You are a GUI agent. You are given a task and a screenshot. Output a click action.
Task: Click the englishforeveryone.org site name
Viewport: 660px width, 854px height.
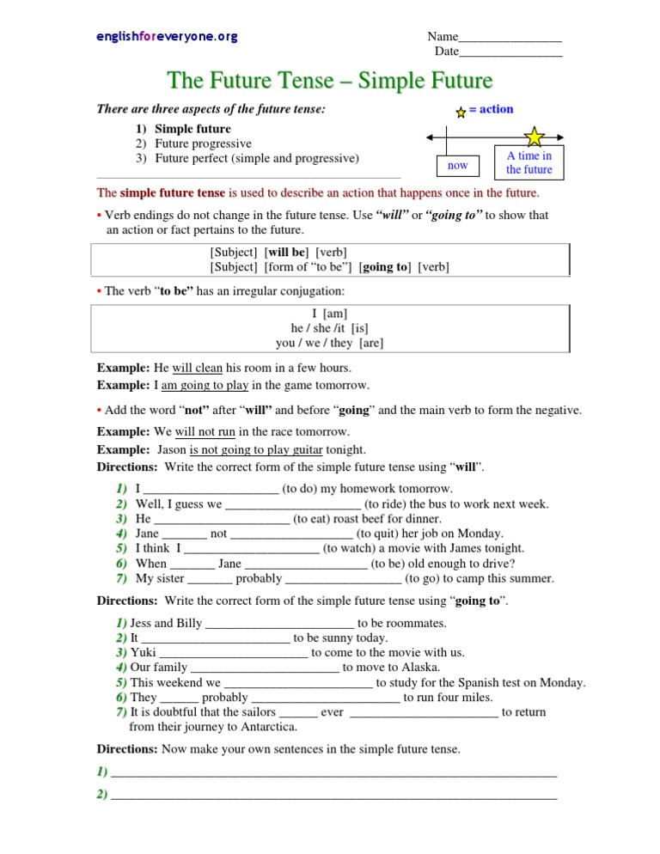point(167,37)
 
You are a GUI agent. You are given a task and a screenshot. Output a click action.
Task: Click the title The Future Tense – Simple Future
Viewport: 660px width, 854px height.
point(330,81)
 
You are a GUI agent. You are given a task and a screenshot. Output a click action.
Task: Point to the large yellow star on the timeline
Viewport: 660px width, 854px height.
point(535,137)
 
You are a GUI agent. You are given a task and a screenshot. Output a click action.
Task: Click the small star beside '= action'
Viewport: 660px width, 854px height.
point(461,112)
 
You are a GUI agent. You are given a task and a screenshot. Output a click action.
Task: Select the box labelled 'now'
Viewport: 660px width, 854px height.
point(458,165)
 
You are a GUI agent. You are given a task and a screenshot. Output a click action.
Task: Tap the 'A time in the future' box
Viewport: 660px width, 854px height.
point(529,162)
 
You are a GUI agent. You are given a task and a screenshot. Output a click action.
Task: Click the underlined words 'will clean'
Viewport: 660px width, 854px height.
point(198,368)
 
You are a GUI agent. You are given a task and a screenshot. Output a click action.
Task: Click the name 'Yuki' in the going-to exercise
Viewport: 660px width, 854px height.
point(144,652)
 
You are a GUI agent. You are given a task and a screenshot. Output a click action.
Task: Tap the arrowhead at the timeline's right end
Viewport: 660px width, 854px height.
point(559,137)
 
